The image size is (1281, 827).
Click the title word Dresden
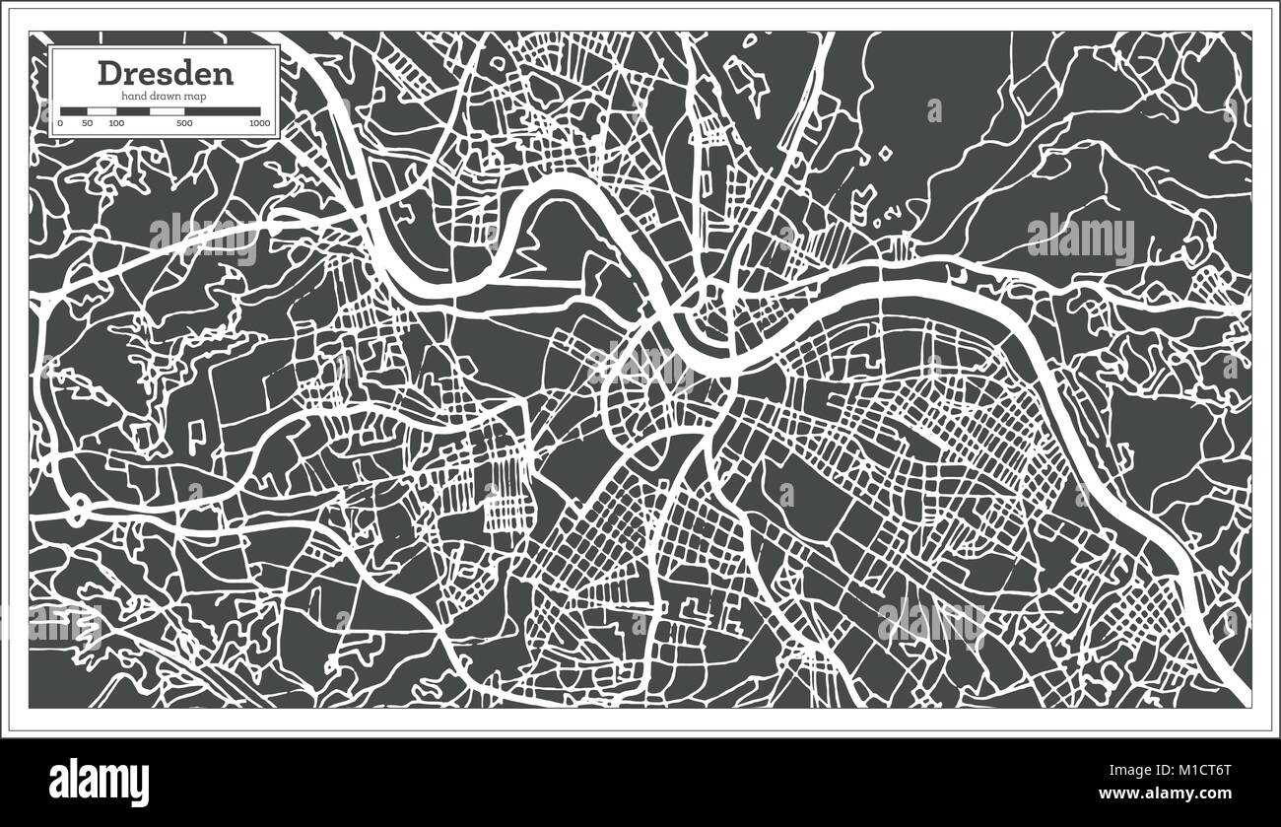pyautogui.click(x=165, y=73)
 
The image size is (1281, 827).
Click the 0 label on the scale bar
pyautogui.click(x=60, y=123)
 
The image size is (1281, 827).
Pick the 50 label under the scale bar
pyautogui.click(x=88, y=123)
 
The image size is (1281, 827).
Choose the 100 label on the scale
pyautogui.click(x=116, y=123)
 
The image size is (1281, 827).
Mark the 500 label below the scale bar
pyautogui.click(x=184, y=123)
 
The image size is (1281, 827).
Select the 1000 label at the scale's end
pyautogui.click(x=259, y=123)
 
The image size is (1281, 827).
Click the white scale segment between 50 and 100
pyautogui.click(x=101, y=111)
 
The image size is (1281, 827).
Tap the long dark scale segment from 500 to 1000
pyautogui.click(x=222, y=111)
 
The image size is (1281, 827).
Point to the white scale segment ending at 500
pyautogui.click(x=166, y=111)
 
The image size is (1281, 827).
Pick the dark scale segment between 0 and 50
pyautogui.click(x=74, y=111)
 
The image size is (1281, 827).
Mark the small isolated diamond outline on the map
pyautogui.click(x=885, y=153)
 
